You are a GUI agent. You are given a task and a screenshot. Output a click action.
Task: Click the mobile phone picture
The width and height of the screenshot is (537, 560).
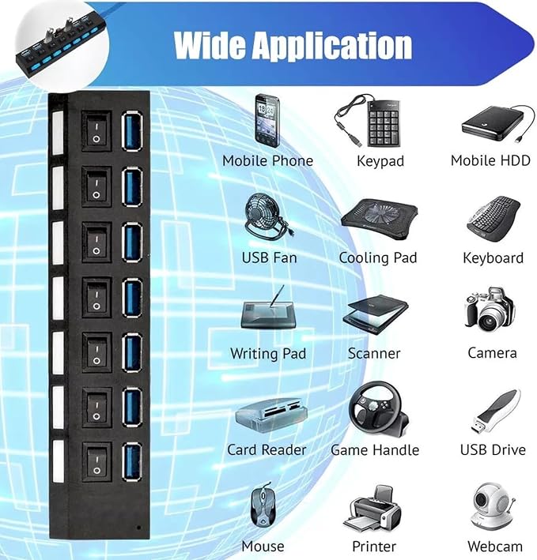[267, 120]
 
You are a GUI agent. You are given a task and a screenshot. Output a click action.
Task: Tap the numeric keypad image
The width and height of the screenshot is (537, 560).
[369, 121]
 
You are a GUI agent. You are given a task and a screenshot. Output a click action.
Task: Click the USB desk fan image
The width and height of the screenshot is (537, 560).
[265, 216]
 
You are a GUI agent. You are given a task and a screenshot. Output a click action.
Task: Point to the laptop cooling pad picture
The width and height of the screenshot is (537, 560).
[379, 219]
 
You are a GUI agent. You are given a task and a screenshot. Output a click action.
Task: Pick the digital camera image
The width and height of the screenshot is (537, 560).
[490, 310]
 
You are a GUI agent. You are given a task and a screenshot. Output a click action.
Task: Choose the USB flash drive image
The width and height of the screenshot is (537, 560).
[496, 412]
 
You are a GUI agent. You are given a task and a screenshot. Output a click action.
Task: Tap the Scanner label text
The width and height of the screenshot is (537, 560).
[374, 353]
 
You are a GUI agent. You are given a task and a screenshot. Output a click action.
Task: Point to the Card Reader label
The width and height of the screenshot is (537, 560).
[267, 449]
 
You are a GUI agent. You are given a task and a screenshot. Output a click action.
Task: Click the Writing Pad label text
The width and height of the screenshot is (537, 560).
[268, 354]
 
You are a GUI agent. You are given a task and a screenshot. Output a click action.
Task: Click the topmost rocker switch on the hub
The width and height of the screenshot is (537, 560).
[96, 131]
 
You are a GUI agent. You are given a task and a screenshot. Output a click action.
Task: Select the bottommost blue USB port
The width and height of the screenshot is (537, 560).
[132, 461]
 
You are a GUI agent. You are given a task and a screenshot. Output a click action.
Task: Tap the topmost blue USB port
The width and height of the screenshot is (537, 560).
[132, 130]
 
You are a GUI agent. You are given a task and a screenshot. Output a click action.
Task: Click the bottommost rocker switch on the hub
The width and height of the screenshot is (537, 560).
[96, 463]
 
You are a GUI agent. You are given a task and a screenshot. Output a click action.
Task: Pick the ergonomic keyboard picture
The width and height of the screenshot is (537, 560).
[494, 219]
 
